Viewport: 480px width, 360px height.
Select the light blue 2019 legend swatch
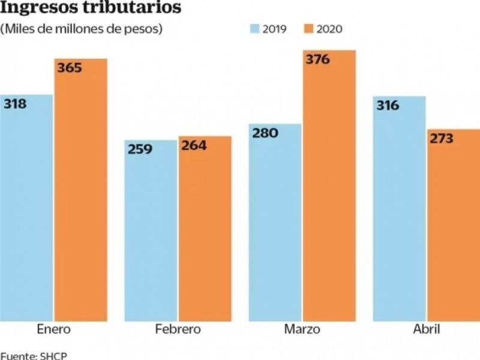(254, 29)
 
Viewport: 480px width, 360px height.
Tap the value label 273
(441, 138)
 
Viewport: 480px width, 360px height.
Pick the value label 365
(70, 67)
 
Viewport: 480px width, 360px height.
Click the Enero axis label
(53, 329)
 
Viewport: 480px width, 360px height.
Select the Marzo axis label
(303, 329)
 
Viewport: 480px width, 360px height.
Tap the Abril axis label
(427, 329)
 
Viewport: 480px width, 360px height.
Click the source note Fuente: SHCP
(34, 355)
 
